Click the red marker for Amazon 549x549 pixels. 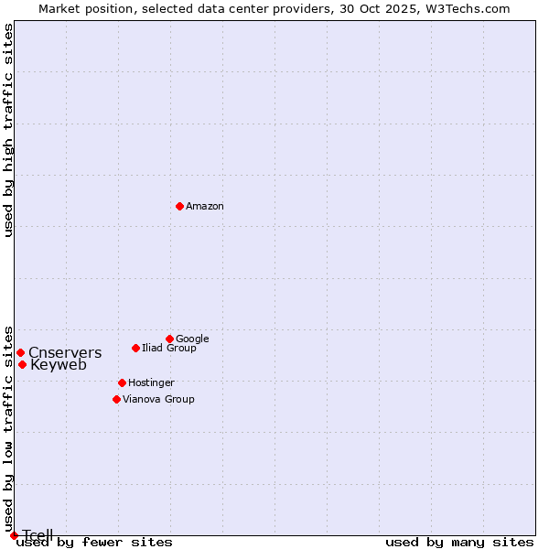[179, 206]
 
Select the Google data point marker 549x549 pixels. [169, 339]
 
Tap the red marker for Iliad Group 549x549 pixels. [135, 348]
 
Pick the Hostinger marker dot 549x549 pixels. [122, 382]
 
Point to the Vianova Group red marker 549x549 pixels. [116, 399]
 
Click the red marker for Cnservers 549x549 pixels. [20, 352]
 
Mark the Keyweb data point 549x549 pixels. [22, 364]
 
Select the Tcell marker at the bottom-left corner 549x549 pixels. [14, 535]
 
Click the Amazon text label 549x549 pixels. [205, 206]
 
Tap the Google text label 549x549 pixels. [192, 339]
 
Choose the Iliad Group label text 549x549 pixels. [169, 348]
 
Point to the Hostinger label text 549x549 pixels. [151, 382]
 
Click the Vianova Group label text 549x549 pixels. [158, 399]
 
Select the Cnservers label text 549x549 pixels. [65, 352]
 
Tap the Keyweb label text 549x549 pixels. [59, 364]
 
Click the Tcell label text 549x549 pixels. [38, 535]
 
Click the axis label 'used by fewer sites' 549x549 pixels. [94, 543]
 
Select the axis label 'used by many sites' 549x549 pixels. [459, 543]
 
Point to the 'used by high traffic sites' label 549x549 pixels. [8, 130]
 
